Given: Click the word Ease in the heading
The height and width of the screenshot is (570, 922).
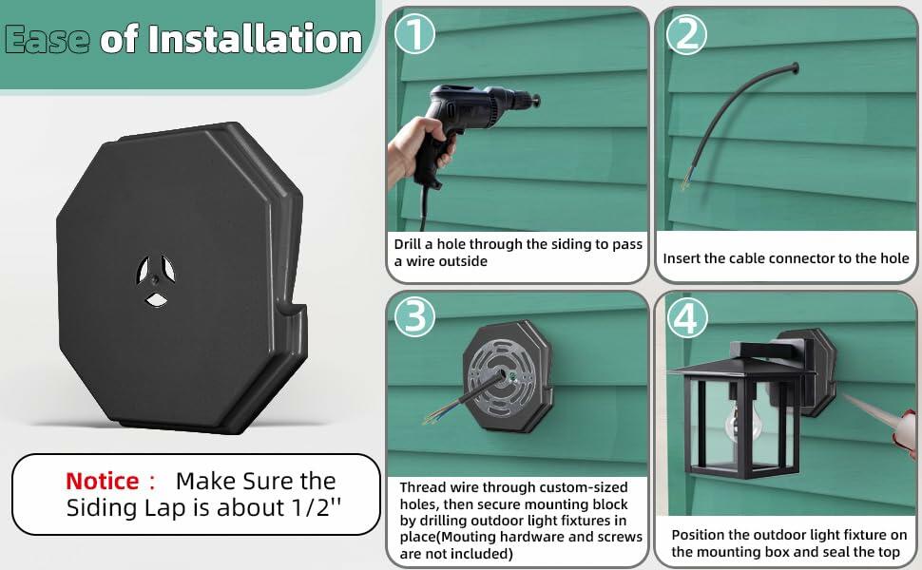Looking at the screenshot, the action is (47, 40).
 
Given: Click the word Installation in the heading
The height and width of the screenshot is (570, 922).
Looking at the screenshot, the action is (255, 39).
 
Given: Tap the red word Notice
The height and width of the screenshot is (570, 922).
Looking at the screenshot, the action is (103, 482).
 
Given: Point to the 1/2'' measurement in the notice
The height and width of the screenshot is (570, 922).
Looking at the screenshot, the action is (317, 507).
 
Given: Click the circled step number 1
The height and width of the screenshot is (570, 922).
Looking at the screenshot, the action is (415, 33).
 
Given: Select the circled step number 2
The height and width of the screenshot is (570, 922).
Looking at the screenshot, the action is (686, 33).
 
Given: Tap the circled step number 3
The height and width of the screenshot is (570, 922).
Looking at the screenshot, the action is (415, 316).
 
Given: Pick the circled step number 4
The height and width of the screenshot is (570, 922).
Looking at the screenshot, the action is (686, 317).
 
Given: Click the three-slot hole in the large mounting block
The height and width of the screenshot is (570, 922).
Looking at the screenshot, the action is (156, 280).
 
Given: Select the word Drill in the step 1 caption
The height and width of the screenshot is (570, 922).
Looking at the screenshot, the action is (408, 244).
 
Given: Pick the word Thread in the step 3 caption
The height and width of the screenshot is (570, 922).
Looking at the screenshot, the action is (418, 487).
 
